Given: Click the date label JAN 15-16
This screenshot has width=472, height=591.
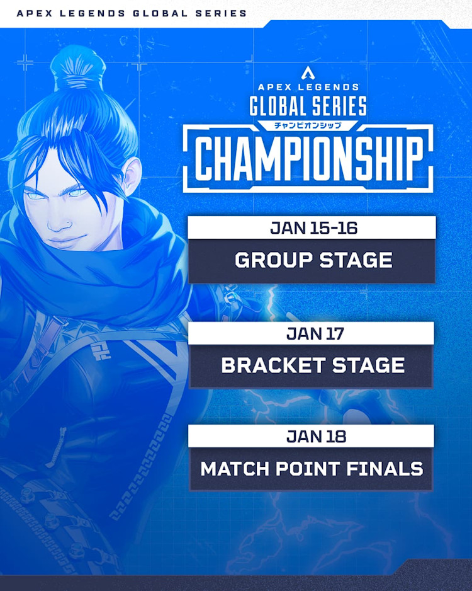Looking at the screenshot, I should pos(312,228).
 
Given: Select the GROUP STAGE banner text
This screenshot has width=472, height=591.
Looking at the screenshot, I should pos(313,260).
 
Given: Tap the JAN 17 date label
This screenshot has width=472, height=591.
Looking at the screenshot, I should pos(312,333).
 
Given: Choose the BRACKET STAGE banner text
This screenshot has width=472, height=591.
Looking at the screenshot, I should pos(313,365).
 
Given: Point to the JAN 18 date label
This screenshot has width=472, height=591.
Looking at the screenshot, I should pos(312,436).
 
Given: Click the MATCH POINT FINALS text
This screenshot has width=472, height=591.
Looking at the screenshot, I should pos(312,469).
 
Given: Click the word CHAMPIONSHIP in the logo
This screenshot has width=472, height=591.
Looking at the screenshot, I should pos(308,158).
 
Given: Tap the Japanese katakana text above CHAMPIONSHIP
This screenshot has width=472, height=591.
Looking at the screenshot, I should pos(308,125).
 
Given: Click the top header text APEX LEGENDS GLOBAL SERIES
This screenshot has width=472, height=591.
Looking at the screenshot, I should pos(132,13).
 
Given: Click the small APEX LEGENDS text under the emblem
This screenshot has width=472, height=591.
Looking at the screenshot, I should pos(308,87).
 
